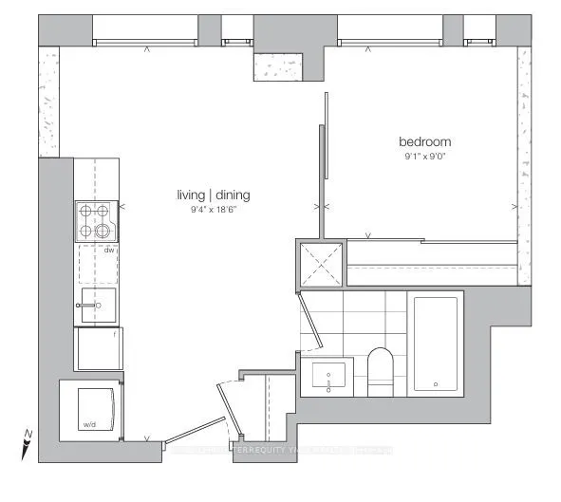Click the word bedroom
[x=423, y=142]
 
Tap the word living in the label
[x=193, y=195]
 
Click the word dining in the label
[x=233, y=195]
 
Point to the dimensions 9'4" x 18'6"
[x=213, y=210]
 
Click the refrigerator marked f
[x=98, y=348]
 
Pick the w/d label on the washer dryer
[x=91, y=424]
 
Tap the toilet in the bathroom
[x=382, y=370]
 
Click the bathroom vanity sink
[x=329, y=375]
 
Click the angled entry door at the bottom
[x=227, y=409]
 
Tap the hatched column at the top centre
[x=282, y=65]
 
